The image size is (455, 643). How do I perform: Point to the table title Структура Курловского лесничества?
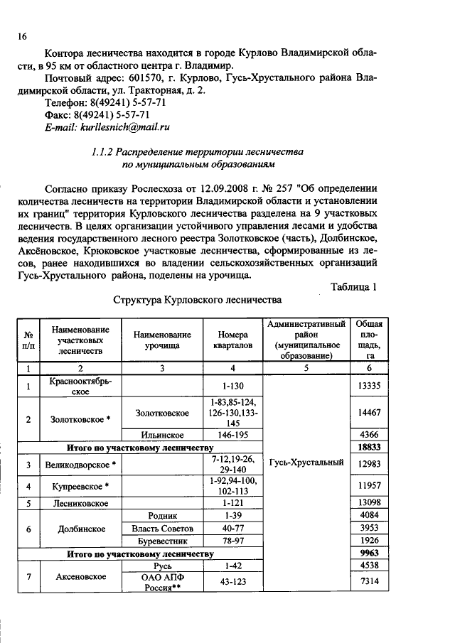[197, 301]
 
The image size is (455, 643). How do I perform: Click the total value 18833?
[366, 448]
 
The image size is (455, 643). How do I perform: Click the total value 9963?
[366, 553]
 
